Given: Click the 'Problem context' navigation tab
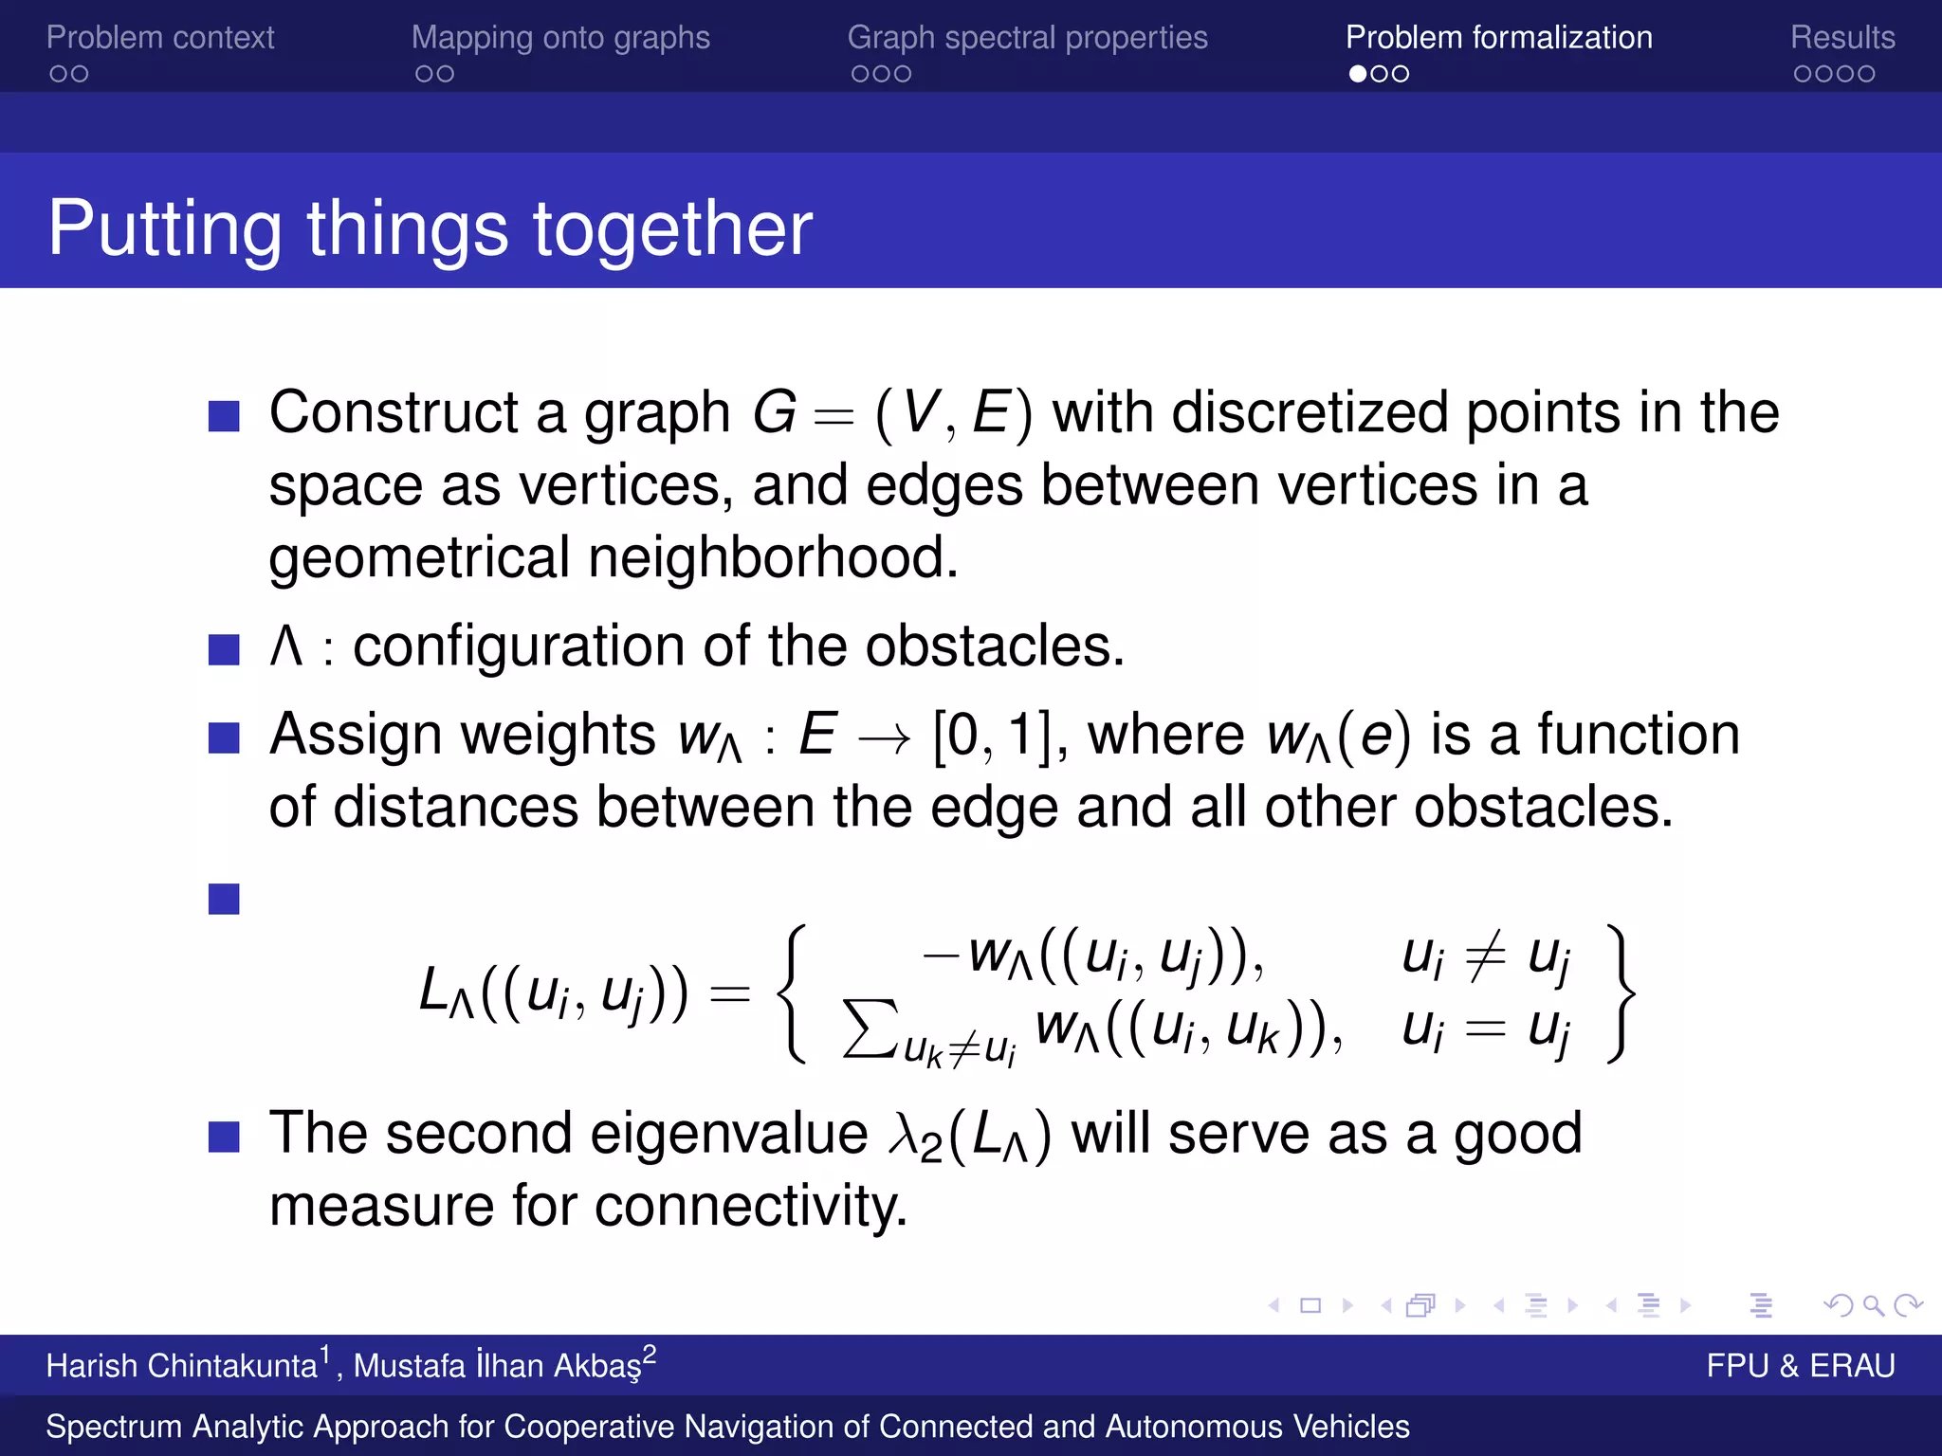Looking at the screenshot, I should click(159, 38).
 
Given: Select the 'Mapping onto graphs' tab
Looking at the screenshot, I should click(560, 38).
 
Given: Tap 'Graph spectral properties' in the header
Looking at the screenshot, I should click(1027, 38).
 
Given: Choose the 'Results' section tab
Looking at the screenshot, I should click(1841, 38).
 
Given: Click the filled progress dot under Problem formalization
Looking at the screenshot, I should click(1358, 74).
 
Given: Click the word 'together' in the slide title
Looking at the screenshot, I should click(672, 229).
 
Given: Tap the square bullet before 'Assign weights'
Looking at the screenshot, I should click(224, 737).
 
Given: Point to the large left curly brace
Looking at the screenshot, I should click(793, 993).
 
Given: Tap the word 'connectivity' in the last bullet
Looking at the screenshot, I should click(749, 1207).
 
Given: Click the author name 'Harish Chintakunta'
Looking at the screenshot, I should click(181, 1366).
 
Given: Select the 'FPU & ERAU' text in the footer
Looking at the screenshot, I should click(1800, 1366).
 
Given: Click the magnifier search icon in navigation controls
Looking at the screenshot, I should click(1873, 1306).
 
